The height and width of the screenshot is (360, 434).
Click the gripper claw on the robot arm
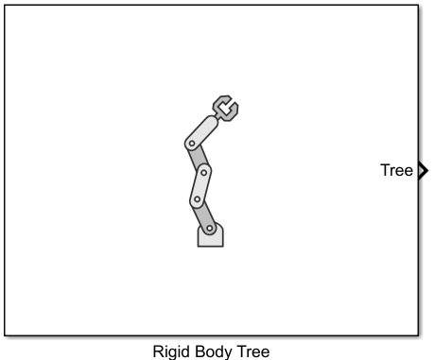coord(224,108)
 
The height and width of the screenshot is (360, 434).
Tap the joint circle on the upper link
coord(191,144)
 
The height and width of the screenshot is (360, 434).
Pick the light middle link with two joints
coord(200,185)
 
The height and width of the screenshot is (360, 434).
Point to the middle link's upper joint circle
coord(203,171)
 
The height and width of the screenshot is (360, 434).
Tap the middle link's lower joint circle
coord(198,199)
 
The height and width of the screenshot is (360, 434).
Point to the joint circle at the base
coord(212,229)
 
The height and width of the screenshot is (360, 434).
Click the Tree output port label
coord(396,171)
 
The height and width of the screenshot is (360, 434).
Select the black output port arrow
coord(423,171)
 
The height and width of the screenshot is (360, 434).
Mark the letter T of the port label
coord(384,171)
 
